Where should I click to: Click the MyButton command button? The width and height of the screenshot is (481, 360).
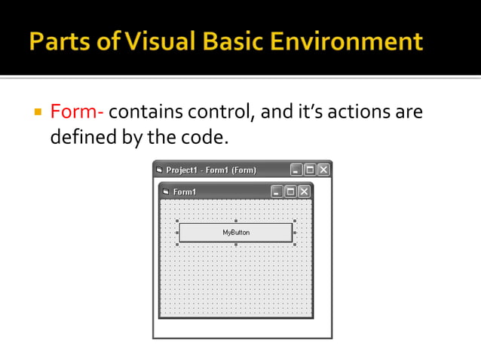pyautogui.click(x=235, y=233)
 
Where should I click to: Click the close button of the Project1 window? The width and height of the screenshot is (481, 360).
pyautogui.click(x=323, y=169)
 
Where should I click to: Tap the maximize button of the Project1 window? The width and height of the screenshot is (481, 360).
pyautogui.click(x=310, y=169)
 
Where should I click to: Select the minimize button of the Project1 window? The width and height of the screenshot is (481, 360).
pyautogui.click(x=296, y=169)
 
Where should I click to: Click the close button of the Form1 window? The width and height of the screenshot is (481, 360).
pyautogui.click(x=304, y=191)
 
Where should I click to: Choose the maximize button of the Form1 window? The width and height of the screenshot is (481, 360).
pyautogui.click(x=290, y=191)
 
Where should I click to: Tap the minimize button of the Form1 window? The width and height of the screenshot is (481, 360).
pyautogui.click(x=277, y=191)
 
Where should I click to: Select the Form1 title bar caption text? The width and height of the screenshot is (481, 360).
pyautogui.click(x=185, y=192)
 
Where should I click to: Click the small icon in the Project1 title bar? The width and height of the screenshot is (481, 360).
pyautogui.click(x=159, y=169)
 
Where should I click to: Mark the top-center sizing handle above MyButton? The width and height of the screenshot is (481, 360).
pyautogui.click(x=236, y=221)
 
